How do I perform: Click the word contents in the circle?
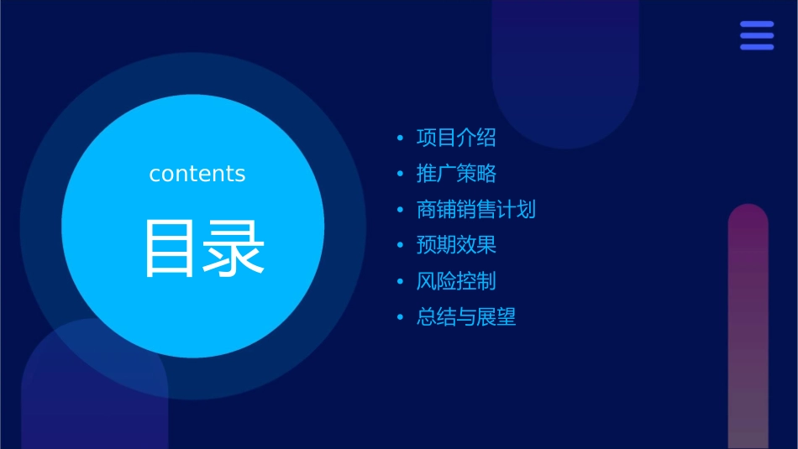197,174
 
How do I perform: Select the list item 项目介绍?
456,138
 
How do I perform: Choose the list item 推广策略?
456,174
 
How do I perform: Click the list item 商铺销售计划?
475,210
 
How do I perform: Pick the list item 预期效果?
456,246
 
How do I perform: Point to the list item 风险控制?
456,281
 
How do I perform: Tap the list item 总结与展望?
466,317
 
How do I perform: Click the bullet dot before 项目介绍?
400,138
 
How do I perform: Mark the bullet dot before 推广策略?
400,174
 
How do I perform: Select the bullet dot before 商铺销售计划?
400,210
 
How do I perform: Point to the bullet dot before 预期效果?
400,246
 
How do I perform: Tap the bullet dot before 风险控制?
400,281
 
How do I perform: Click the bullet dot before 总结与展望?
400,317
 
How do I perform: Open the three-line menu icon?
757,35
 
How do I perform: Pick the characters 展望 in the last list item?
496,317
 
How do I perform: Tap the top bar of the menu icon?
757,24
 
